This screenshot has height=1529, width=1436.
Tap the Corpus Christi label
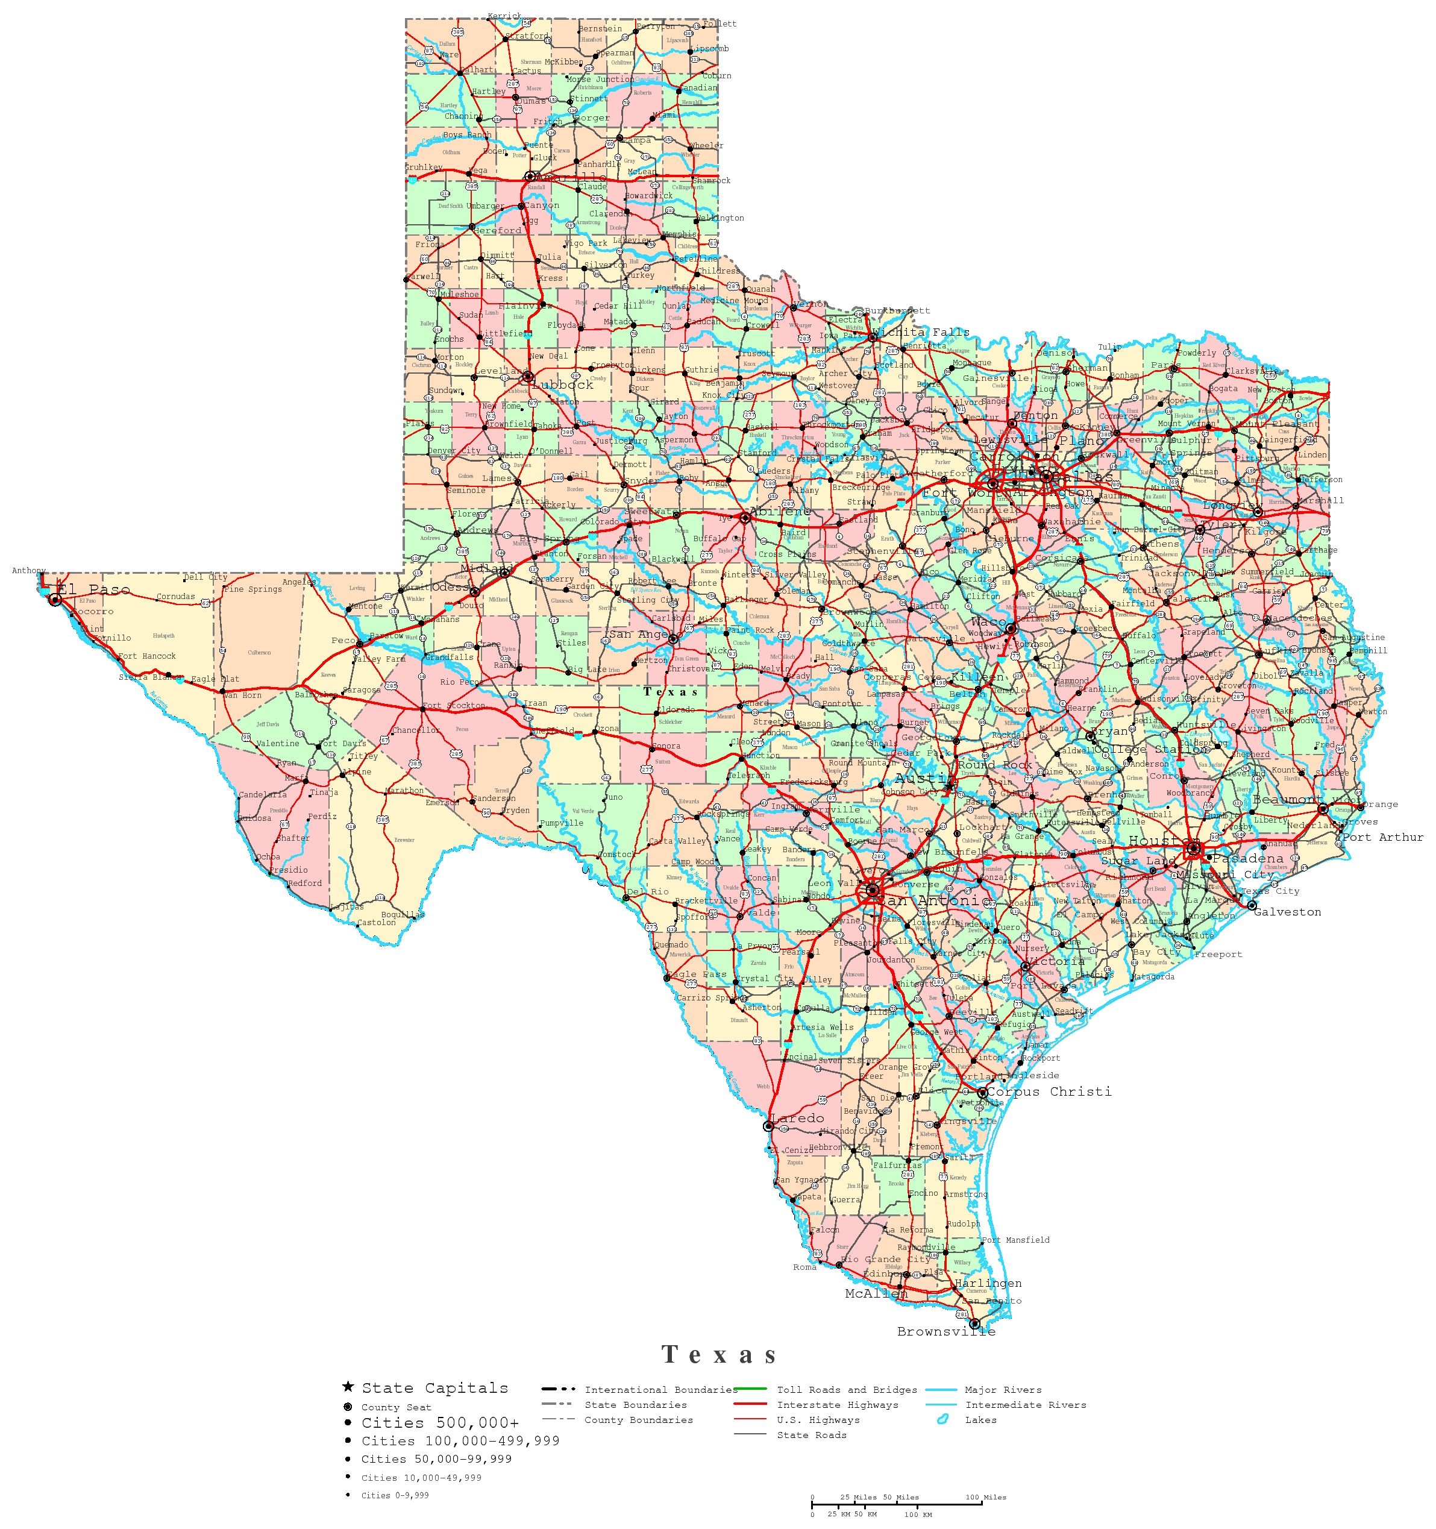pos(1049,1091)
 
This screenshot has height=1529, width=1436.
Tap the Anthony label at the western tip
pos(28,571)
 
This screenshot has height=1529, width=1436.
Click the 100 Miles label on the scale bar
pos(985,1496)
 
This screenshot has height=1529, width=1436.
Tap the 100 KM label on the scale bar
pos(918,1515)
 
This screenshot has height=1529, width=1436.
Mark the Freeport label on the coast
pos(1218,955)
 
